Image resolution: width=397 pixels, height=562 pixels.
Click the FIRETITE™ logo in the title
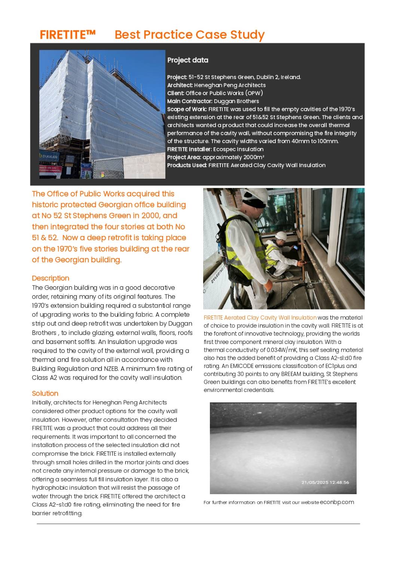click(68, 35)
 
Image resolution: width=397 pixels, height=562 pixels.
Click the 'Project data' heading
click(187, 60)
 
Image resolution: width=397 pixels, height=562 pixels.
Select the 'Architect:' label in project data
click(180, 85)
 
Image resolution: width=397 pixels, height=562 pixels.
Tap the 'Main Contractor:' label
click(190, 101)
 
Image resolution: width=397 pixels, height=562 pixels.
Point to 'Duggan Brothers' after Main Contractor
click(236, 101)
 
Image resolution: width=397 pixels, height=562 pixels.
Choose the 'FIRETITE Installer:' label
click(189, 149)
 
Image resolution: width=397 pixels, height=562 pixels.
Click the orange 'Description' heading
click(51, 278)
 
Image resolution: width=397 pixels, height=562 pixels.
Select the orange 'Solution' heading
click(45, 393)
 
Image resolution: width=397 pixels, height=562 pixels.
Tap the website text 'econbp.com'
click(337, 502)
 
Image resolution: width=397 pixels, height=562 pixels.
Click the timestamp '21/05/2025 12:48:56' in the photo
click(325, 483)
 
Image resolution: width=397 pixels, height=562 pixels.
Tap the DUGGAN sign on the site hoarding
click(49, 157)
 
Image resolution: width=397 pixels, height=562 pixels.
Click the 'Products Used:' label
click(187, 165)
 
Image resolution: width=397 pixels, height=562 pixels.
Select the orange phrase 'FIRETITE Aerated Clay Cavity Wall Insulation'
click(260, 318)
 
